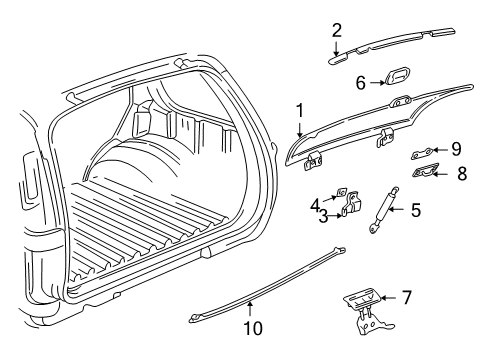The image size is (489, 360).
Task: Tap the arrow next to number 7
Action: click(x=415, y=298)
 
